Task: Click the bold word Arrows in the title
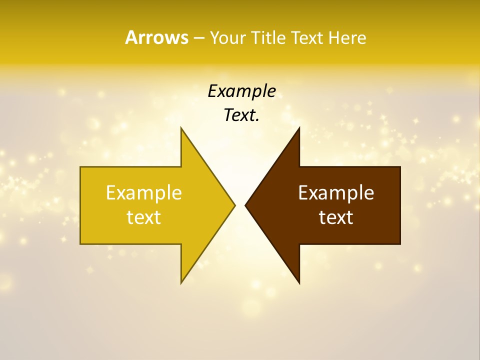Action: (x=156, y=37)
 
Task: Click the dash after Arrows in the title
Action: (x=198, y=38)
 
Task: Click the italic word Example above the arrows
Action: (x=241, y=91)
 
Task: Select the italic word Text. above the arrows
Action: (x=241, y=115)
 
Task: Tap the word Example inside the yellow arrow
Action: (x=144, y=192)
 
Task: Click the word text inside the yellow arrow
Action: (x=144, y=217)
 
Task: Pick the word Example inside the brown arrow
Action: (x=336, y=192)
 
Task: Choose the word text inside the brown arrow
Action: (x=336, y=217)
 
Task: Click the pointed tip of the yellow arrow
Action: (x=234, y=205)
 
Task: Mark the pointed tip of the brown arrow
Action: (x=245, y=205)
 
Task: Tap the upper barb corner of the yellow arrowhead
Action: (x=181, y=128)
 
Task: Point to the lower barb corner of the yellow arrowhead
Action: (x=181, y=282)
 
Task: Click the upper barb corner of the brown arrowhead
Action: (x=299, y=128)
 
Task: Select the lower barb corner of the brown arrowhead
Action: (x=299, y=283)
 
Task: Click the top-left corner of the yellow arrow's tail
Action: (x=80, y=167)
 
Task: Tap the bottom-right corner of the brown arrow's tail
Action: (x=400, y=244)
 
